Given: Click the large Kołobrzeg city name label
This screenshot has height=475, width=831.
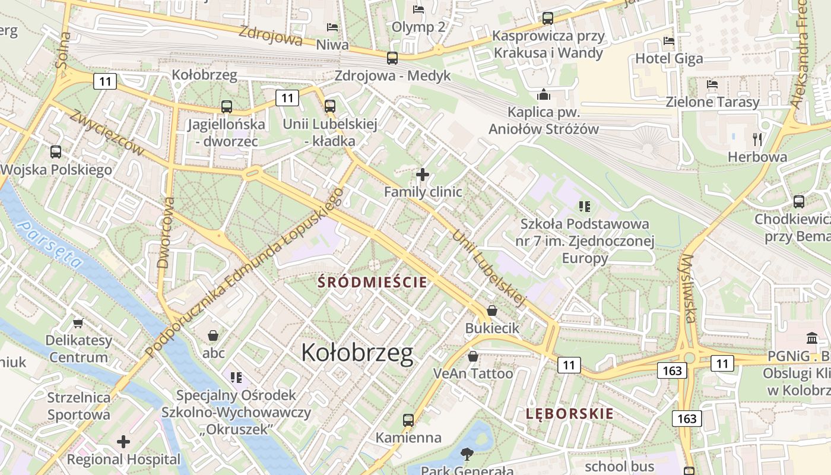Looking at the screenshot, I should tap(357, 353).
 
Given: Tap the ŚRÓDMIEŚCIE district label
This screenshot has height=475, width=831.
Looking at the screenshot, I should tap(372, 282).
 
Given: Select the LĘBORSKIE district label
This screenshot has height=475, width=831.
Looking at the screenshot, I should tap(569, 414).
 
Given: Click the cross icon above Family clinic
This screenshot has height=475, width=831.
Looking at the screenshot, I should tap(423, 175).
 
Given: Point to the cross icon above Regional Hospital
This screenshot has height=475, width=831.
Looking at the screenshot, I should tap(123, 442).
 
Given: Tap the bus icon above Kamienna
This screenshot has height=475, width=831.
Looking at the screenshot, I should tap(408, 420).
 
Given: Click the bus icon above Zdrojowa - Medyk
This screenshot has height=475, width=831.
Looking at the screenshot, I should tap(392, 58).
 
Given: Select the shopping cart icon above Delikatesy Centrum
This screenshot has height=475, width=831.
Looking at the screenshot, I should tap(78, 323).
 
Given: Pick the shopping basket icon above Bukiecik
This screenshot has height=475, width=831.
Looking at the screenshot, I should tap(492, 311).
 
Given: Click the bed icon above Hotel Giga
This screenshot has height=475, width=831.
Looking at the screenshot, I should tap(669, 41).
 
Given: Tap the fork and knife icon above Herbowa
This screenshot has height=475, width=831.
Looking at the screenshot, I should tap(757, 140).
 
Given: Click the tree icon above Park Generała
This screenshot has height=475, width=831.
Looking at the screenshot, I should tap(467, 454).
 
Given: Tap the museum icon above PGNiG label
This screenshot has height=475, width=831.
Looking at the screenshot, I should tap(812, 338).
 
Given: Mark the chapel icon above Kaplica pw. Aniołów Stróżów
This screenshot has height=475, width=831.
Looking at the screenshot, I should tap(543, 95).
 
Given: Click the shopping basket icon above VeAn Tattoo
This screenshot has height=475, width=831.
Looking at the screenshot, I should tap(473, 356).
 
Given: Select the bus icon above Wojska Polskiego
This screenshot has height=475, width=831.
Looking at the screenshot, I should tap(56, 152).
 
